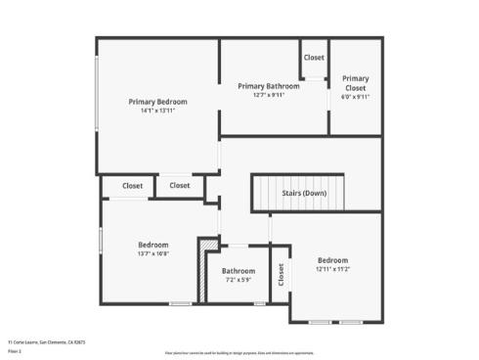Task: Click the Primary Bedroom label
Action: [x=157, y=102]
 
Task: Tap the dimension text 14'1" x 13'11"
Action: [x=157, y=111]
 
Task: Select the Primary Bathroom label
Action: [x=269, y=86]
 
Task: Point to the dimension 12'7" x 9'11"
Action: [x=269, y=95]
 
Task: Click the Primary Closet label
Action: [x=355, y=82]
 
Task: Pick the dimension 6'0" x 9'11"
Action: [x=355, y=97]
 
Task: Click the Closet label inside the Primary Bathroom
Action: [x=314, y=58]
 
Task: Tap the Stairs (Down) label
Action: [x=304, y=193]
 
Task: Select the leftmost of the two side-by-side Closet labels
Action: [x=132, y=185]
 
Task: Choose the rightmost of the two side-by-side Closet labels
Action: [x=180, y=185]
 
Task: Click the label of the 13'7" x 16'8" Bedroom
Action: [x=152, y=245]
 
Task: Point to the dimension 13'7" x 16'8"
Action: [x=152, y=253]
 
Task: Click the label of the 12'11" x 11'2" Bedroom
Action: [x=332, y=260]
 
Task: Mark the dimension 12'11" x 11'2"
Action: [x=332, y=269]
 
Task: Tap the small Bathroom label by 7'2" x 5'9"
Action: [x=238, y=271]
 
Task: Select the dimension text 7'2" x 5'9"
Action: [x=238, y=280]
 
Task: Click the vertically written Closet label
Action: [x=281, y=275]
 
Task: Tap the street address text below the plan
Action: [x=47, y=342]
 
